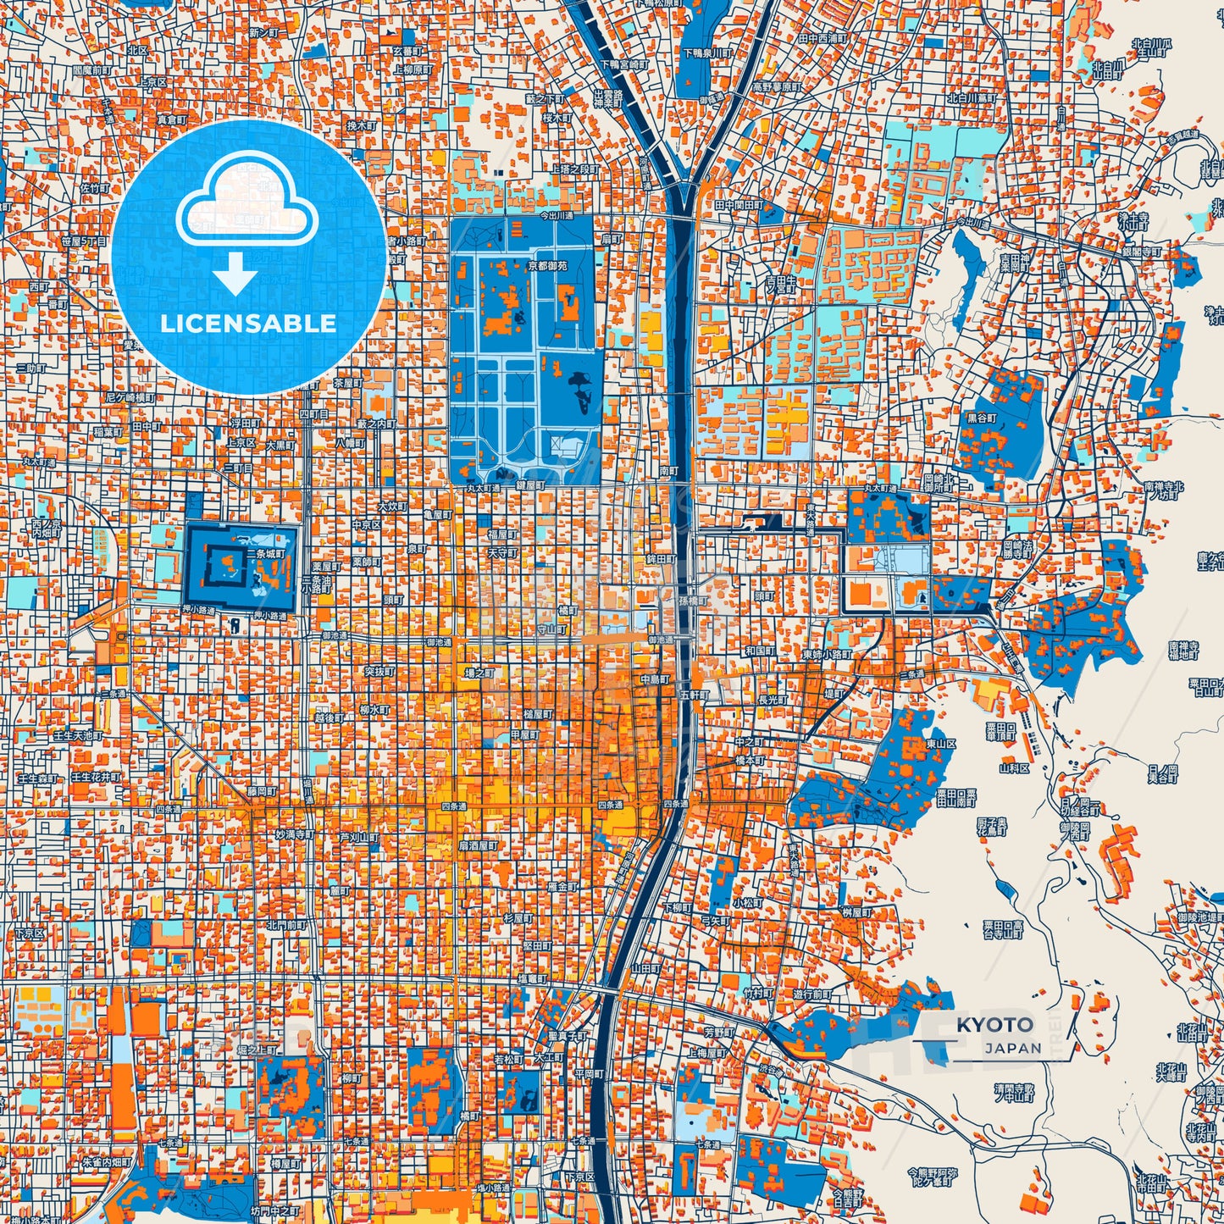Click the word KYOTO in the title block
pyautogui.click(x=995, y=1025)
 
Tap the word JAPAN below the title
pyautogui.click(x=1013, y=1048)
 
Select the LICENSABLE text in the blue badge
pyautogui.click(x=248, y=324)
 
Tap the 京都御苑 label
pyautogui.click(x=547, y=265)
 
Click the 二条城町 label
pyautogui.click(x=270, y=554)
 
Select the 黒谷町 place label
pyautogui.click(x=983, y=418)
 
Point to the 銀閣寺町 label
pyautogui.click(x=1142, y=252)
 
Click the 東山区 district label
pyautogui.click(x=941, y=743)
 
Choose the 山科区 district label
pyautogui.click(x=1014, y=768)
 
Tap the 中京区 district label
pyautogui.click(x=366, y=525)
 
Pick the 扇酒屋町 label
pyautogui.click(x=479, y=845)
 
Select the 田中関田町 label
pyautogui.click(x=739, y=205)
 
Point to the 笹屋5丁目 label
pyautogui.click(x=84, y=241)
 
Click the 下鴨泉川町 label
pyautogui.click(x=711, y=53)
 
